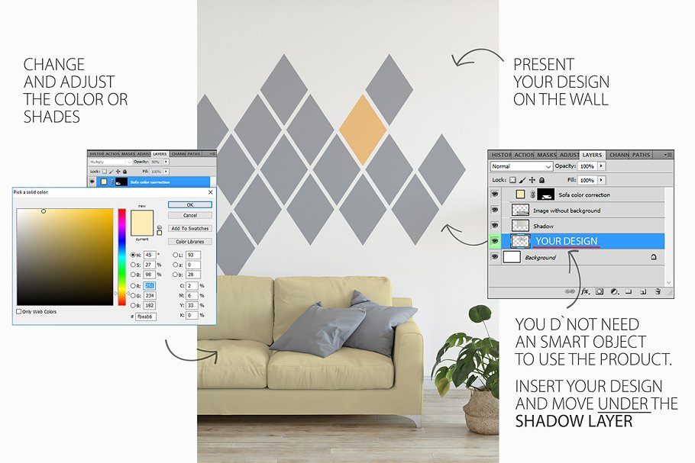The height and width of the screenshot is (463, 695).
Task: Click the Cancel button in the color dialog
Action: coord(189,215)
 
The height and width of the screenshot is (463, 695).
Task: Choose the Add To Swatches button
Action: coord(189,229)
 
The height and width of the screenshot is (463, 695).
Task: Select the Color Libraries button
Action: coord(189,242)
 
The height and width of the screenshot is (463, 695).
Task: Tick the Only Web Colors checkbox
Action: coord(19,311)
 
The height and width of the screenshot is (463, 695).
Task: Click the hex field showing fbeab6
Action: coord(145,316)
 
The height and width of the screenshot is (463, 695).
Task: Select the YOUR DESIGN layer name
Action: coord(566,242)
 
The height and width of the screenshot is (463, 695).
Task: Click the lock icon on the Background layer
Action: coord(654,258)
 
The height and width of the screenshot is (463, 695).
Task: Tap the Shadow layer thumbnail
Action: coord(520,226)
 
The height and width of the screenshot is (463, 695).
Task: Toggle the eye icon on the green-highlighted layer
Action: coord(495,242)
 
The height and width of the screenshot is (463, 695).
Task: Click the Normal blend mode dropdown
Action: coord(521,166)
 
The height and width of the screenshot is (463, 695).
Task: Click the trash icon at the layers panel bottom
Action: coord(658,291)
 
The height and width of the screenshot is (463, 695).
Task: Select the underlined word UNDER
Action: coord(619,404)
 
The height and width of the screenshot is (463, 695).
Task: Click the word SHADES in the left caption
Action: coord(52,117)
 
